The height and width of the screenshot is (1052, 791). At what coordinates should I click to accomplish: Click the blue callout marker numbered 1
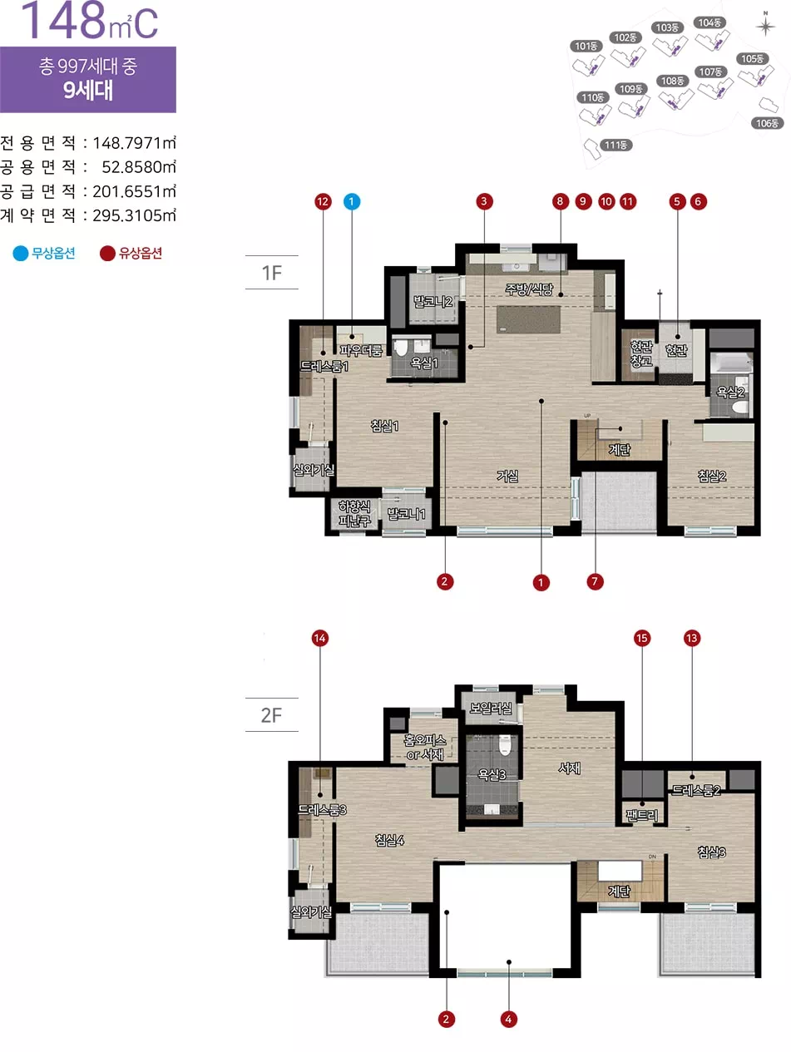pos(352,202)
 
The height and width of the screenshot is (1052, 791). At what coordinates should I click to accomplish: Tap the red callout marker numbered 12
pos(323,202)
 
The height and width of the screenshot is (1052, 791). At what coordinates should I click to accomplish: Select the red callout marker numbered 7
pos(595,582)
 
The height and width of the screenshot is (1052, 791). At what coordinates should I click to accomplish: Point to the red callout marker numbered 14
pos(319,639)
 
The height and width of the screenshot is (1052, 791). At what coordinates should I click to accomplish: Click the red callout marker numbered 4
pos(509,1020)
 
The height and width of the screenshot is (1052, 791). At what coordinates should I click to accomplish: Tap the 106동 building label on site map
pos(767,123)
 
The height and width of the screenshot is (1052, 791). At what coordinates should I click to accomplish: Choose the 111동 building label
pos(615,145)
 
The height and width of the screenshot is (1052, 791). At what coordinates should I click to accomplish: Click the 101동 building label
pos(586,46)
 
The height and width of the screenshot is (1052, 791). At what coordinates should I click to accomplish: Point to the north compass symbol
pos(765,26)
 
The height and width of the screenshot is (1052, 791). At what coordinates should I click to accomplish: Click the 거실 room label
pos(507,476)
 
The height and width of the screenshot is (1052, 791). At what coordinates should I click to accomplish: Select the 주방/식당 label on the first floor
pos(529,289)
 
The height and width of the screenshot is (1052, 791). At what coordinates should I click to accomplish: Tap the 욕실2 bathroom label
pos(730,392)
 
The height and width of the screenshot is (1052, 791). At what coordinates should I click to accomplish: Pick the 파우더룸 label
pos(361,351)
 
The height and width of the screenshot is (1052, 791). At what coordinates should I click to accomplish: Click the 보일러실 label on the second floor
pos(491,708)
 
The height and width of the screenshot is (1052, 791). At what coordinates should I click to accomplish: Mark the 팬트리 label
pos(642,815)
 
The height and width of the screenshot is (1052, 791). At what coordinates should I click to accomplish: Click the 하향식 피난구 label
pos(354,513)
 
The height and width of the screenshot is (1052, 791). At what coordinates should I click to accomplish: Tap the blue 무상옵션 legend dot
pos(21,254)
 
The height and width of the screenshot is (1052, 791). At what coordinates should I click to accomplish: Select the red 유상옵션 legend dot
pos(107,254)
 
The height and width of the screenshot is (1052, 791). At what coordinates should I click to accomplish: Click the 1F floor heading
pos(271,273)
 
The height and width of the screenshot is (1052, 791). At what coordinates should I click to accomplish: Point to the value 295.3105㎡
pos(134,215)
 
